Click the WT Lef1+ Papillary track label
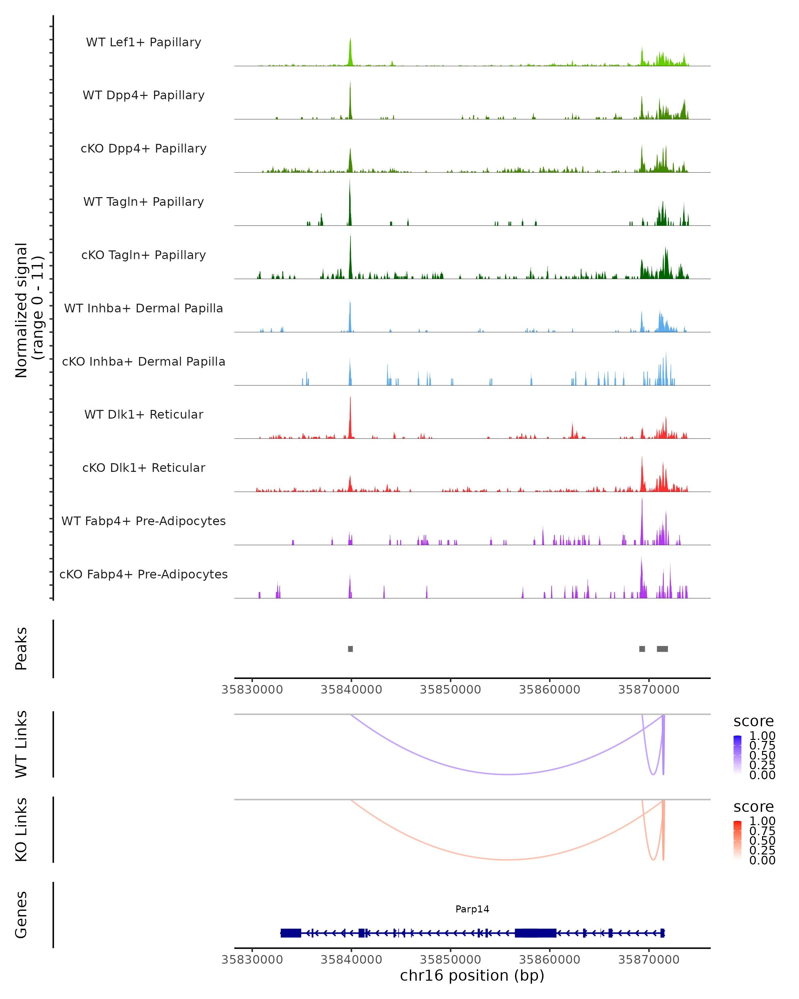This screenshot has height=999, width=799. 143,42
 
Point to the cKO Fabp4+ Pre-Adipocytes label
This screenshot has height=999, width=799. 143,574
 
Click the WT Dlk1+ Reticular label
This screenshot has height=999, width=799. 143,414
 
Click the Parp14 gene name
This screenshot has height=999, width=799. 472,909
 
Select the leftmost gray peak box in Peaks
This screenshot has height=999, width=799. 351,649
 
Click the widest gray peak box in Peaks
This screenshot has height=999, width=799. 663,649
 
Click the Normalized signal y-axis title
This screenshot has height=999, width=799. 29,310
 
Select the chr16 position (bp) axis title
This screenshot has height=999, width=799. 472,975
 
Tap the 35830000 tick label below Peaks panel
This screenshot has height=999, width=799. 252,690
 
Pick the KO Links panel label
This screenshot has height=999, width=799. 21,830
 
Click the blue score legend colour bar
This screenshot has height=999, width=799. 737,754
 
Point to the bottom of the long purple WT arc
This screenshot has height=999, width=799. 508,774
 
